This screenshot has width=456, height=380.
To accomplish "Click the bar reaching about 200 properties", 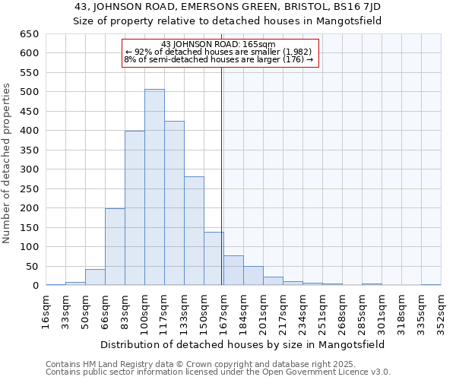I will coord(115,247).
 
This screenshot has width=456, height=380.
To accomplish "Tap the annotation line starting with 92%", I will coord(218,52).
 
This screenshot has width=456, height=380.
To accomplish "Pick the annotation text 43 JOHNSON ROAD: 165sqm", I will coord(218,44).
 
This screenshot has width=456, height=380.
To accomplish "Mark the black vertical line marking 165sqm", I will coord(221,175).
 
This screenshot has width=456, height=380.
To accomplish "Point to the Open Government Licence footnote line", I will coord(218,372).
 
